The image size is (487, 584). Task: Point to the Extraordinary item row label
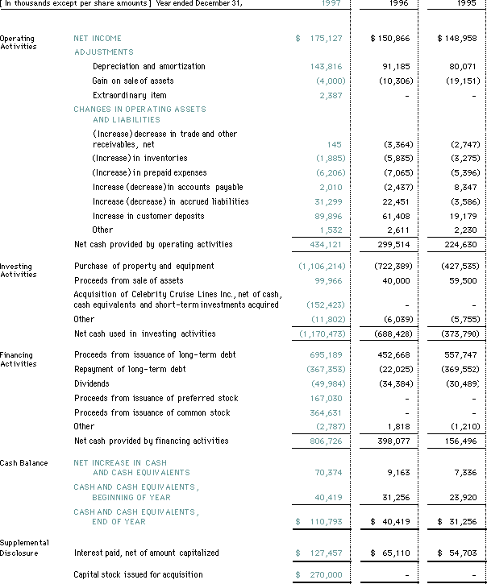[x=130, y=95]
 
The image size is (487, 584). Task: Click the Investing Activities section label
[x=17, y=270]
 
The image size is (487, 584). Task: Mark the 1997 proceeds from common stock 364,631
[x=326, y=412]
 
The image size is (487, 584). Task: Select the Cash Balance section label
[x=23, y=463]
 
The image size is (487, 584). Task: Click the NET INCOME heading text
[x=98, y=39]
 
